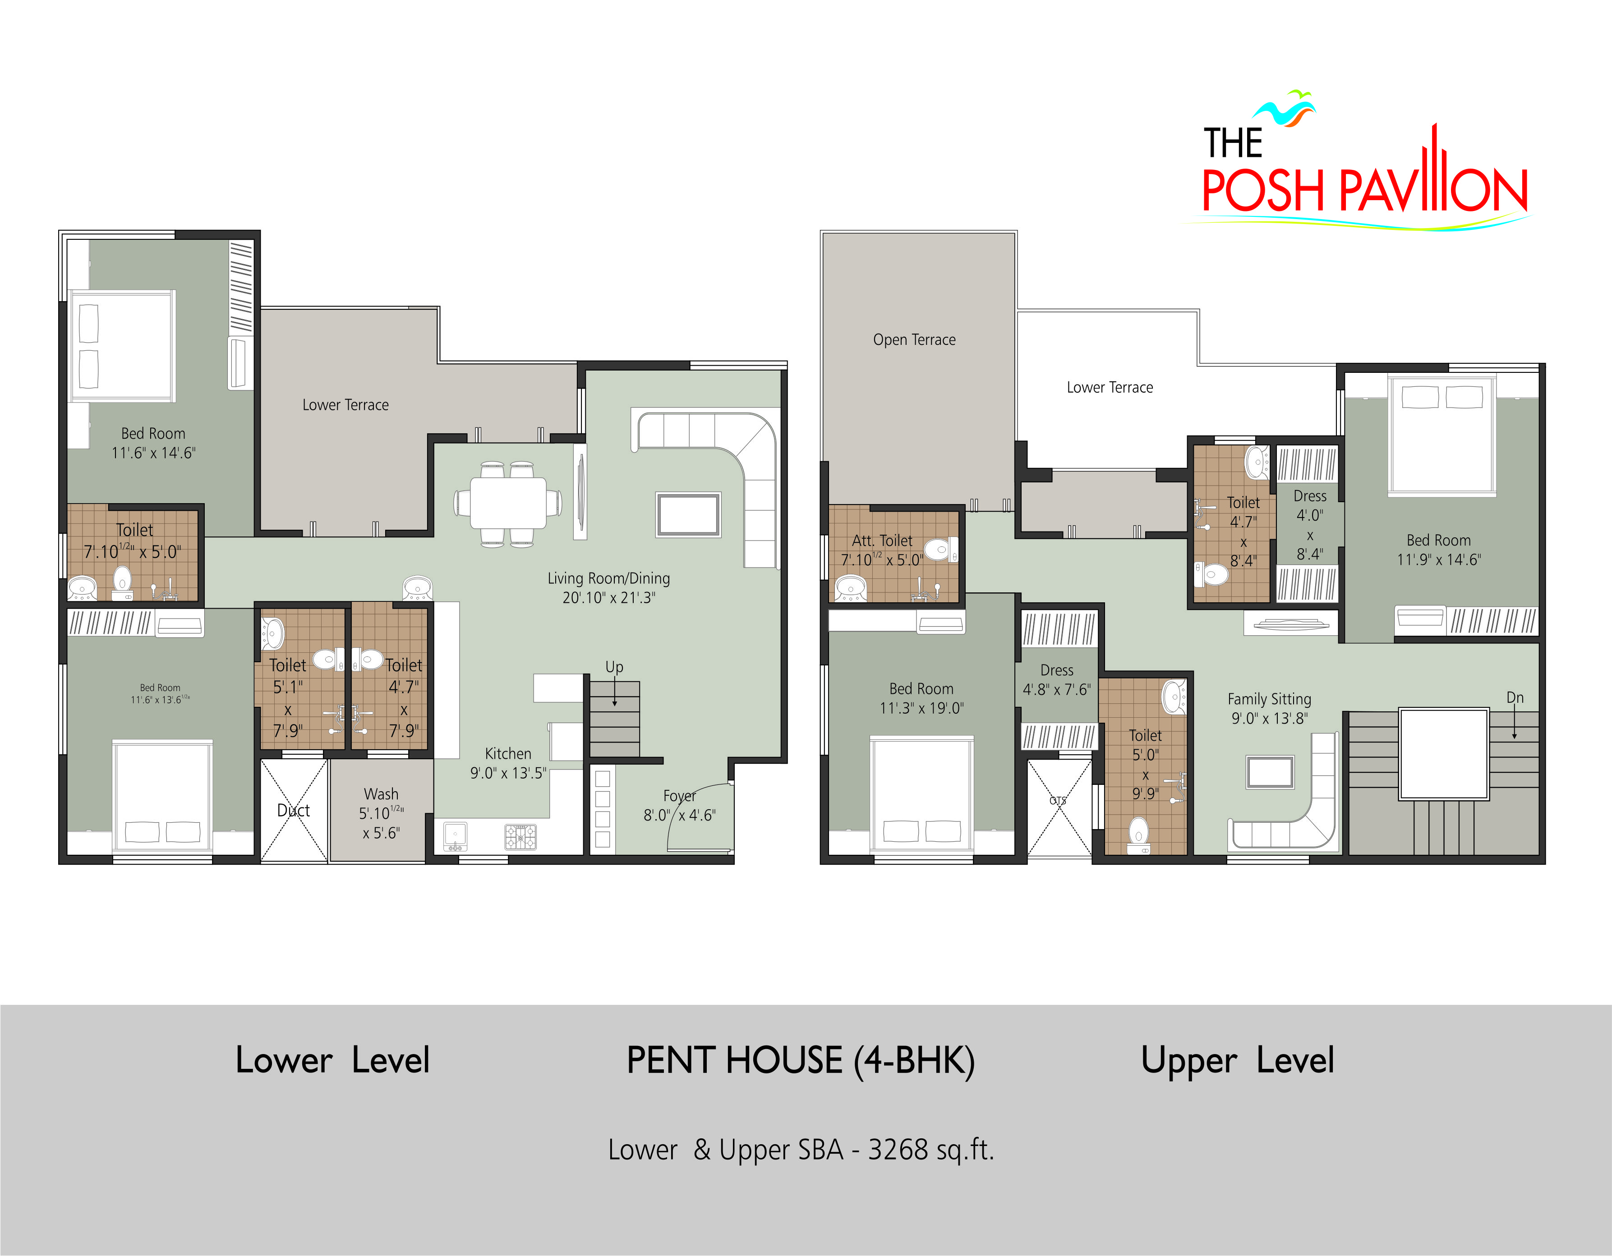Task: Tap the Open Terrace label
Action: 914,339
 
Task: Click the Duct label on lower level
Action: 293,810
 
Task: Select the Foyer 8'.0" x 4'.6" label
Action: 679,805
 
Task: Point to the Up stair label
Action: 614,667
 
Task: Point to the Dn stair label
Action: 1515,697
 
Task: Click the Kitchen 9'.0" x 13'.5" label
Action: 508,763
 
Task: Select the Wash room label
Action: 381,813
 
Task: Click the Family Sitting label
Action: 1270,699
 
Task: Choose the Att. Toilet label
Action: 882,540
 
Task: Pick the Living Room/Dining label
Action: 609,578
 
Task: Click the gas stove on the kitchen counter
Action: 520,837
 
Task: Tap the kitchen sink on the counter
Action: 455,837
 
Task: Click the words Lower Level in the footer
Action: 332,1060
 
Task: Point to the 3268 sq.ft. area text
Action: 931,1150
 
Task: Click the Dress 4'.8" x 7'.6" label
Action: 1056,680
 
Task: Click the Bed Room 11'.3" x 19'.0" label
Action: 921,698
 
